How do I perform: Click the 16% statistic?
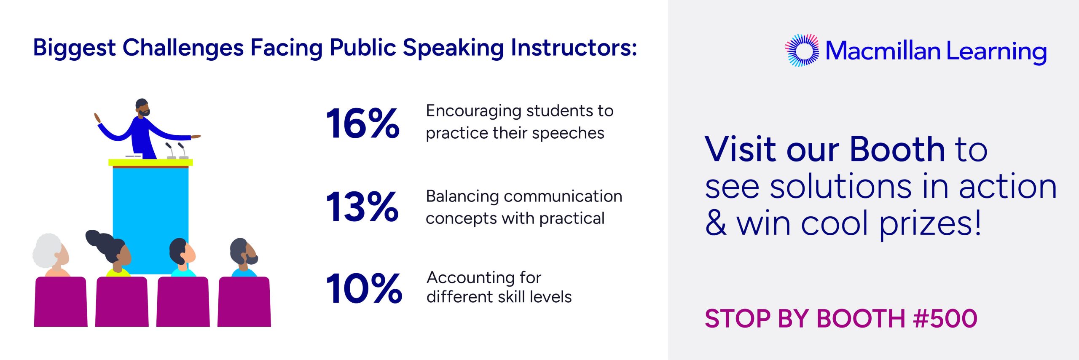click(363, 123)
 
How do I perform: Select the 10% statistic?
click(364, 288)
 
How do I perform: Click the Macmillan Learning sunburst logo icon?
click(802, 51)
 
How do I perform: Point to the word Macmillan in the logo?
click(883, 51)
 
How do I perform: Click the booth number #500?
click(945, 318)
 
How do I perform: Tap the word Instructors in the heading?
click(574, 48)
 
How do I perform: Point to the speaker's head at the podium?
click(142, 108)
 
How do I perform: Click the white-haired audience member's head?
click(51, 252)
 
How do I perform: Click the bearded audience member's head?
click(244, 252)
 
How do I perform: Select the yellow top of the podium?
click(150, 162)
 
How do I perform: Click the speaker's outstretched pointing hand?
click(196, 137)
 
